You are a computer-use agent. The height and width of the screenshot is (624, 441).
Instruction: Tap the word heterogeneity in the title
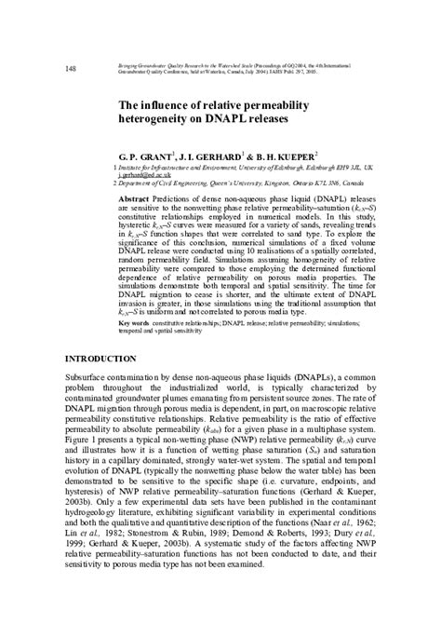(158, 120)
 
